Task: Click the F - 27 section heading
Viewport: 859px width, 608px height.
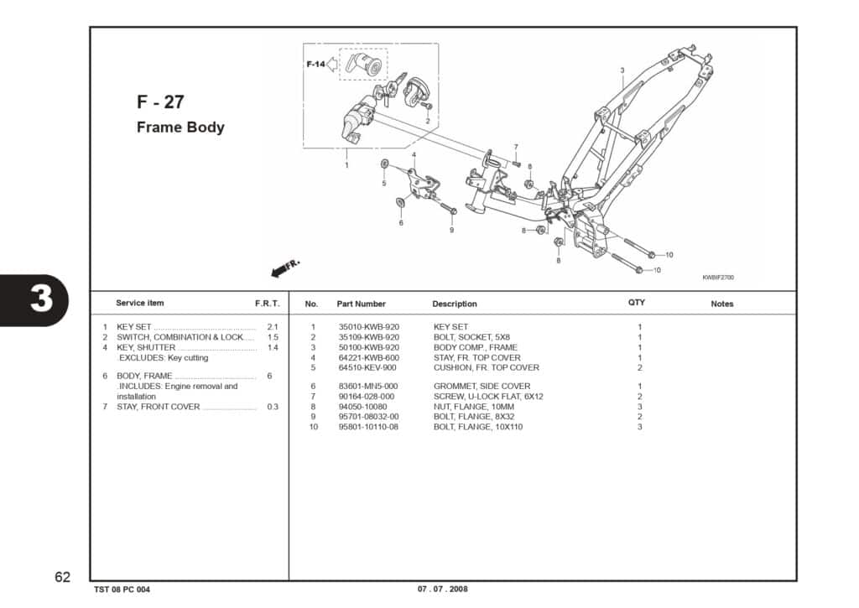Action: [x=160, y=102]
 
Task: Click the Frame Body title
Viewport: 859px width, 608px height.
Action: [x=180, y=127]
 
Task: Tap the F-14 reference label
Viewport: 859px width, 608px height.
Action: [x=315, y=65]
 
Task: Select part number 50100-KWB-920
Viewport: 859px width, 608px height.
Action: [x=368, y=347]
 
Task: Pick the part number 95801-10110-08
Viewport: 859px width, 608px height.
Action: [x=368, y=427]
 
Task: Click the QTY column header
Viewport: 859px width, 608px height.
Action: [x=637, y=303]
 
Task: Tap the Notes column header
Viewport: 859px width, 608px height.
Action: [x=721, y=304]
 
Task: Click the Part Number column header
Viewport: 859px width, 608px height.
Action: [x=361, y=304]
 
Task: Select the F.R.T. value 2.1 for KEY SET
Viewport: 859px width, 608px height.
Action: [x=272, y=327]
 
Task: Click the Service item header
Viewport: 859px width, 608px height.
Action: [x=140, y=303]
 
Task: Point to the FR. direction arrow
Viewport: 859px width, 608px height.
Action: [x=284, y=268]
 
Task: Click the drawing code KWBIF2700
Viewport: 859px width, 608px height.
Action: [x=718, y=278]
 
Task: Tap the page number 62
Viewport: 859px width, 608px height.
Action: [x=62, y=577]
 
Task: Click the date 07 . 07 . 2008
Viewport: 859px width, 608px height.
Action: [x=443, y=589]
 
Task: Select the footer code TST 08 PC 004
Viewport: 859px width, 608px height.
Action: [x=122, y=589]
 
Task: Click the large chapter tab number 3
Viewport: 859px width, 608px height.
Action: [x=41, y=300]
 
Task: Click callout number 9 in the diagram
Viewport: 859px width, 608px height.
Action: [x=451, y=230]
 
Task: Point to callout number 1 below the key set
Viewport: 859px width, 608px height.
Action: [x=346, y=165]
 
